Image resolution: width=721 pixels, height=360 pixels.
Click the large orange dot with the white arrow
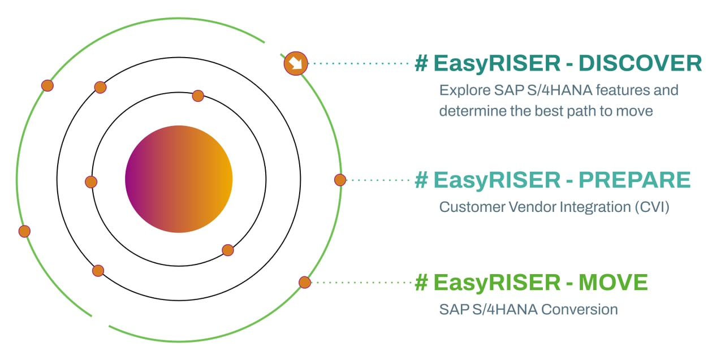coord(295,63)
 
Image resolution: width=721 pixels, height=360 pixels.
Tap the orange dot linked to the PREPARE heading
coord(340,180)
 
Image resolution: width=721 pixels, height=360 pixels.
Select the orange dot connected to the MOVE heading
coord(305,282)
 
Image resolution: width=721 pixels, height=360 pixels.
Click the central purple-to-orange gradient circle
coord(179,179)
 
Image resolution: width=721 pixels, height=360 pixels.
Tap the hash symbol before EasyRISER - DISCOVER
coord(421,64)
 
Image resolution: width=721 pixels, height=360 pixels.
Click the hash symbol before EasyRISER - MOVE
coord(421,283)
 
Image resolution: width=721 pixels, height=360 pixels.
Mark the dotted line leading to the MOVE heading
coord(362,282)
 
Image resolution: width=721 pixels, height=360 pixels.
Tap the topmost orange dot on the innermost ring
coord(198,96)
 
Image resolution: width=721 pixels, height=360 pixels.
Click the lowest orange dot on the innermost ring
coord(228,250)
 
